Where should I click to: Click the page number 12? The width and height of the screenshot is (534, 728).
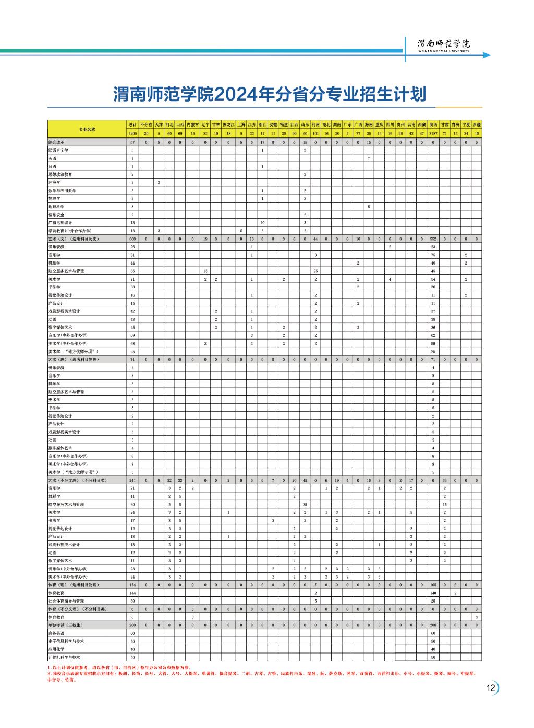tap(490, 687)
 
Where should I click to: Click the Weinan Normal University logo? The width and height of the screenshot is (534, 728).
tap(444, 45)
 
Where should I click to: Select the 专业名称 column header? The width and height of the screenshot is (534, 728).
tap(87, 129)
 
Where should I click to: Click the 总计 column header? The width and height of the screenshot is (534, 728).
tap(133, 125)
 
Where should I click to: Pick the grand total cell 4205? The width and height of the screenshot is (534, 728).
tap(133, 133)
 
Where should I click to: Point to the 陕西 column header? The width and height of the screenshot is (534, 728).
tap(433, 125)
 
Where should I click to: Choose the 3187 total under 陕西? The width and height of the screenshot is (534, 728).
tap(433, 133)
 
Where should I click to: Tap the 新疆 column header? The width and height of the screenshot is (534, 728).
tap(477, 125)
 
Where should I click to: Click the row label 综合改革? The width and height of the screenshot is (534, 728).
tap(56, 142)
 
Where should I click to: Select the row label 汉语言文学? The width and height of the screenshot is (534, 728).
tap(58, 150)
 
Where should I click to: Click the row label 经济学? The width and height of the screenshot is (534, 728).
tap(54, 182)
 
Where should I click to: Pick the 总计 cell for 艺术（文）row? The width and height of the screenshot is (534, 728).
tap(133, 239)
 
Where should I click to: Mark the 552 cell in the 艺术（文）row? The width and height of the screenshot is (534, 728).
tap(433, 239)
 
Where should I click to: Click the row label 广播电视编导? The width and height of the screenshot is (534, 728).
tap(60, 222)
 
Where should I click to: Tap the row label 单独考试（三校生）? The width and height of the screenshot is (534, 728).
tap(66, 625)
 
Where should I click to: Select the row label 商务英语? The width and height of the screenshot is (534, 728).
tap(56, 633)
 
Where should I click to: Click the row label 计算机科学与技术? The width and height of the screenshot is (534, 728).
tap(65, 657)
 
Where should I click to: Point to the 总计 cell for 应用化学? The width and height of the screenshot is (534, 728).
tap(133, 649)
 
